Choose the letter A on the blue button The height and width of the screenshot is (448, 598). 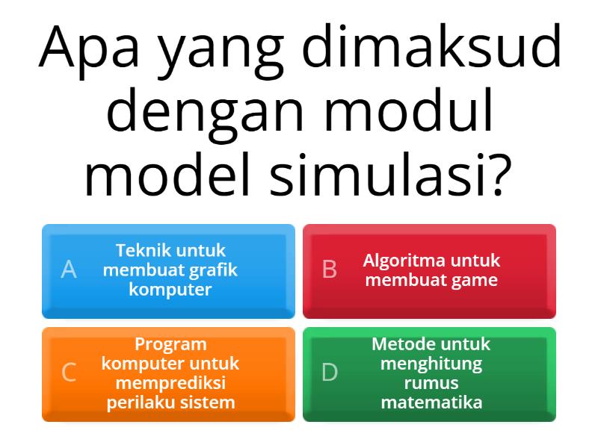(x=69, y=270)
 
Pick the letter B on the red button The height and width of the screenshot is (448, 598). (x=330, y=270)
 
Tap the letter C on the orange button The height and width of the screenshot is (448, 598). (x=69, y=373)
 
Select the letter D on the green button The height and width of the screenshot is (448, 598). (x=330, y=373)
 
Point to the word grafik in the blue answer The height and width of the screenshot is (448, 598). (x=213, y=270)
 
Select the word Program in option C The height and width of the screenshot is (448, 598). (x=170, y=344)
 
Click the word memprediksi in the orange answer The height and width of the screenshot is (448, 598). (x=170, y=384)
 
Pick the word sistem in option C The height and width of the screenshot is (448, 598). (x=210, y=402)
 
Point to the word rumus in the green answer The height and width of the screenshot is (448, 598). (x=431, y=383)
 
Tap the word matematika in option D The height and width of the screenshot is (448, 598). (x=431, y=402)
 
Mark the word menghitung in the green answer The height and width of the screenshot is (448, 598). (x=431, y=364)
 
